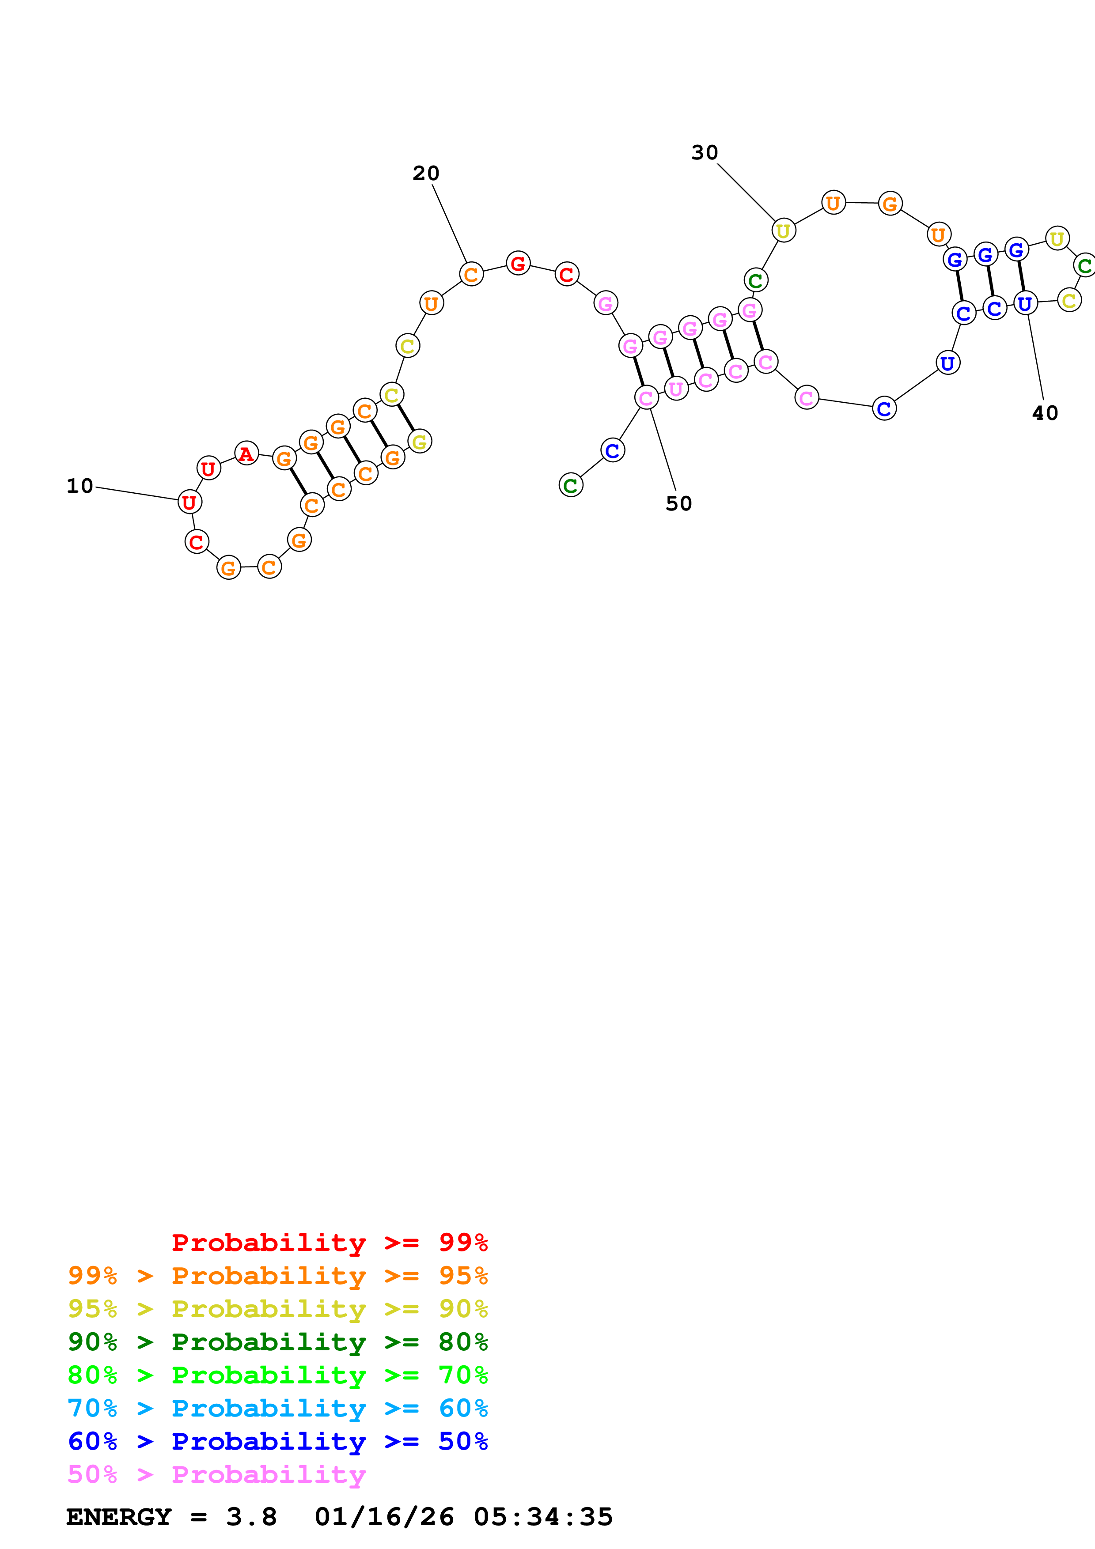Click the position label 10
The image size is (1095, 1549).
pyautogui.click(x=80, y=486)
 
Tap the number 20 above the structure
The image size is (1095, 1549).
pyautogui.click(x=426, y=174)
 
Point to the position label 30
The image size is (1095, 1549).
pyautogui.click(x=705, y=152)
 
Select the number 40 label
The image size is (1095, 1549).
pyautogui.click(x=1045, y=413)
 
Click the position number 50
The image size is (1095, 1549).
pyautogui.click(x=679, y=503)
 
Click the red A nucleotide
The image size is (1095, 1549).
pyautogui.click(x=246, y=453)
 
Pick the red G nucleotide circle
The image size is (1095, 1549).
pyautogui.click(x=518, y=263)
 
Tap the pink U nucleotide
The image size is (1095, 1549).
pyautogui.click(x=676, y=389)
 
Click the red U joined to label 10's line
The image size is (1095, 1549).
pyautogui.click(x=189, y=502)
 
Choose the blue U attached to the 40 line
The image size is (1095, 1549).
pyautogui.click(x=1025, y=304)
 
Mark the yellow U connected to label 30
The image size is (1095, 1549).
pyautogui.click(x=783, y=231)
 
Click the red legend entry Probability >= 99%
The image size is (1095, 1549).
pyautogui.click(x=329, y=1242)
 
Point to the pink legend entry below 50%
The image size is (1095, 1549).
pyautogui.click(x=216, y=1474)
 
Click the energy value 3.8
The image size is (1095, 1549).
pyautogui.click(x=251, y=1517)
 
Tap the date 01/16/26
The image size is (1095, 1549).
pyautogui.click(x=384, y=1517)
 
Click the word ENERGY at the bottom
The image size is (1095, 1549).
pyautogui.click(x=119, y=1517)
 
